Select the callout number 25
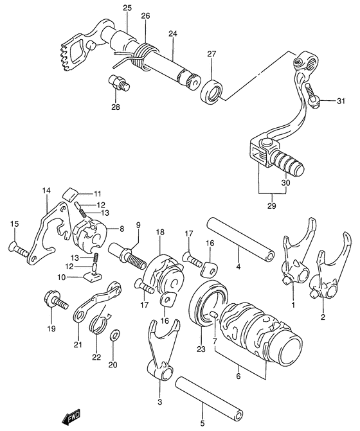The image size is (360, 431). click(126, 8)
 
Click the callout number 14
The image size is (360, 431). click(46, 191)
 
